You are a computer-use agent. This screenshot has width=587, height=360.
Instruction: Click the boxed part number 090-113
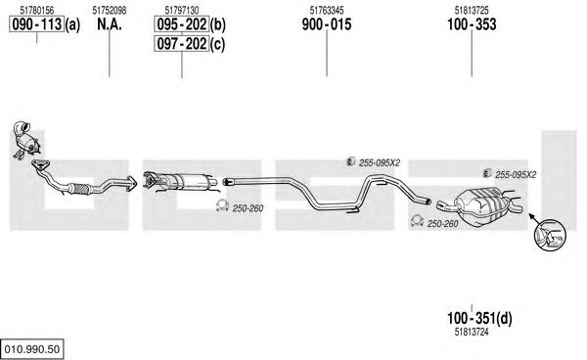[x=36, y=24]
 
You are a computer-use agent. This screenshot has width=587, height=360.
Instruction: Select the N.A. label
[x=110, y=24]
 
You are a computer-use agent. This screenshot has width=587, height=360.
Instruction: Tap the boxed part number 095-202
[x=182, y=24]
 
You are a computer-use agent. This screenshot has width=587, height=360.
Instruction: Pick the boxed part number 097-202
[x=182, y=44]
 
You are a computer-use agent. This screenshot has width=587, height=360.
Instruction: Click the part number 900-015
[x=327, y=24]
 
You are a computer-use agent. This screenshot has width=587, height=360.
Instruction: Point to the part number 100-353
[x=472, y=24]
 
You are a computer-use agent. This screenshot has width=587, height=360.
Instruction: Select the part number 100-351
[x=472, y=319]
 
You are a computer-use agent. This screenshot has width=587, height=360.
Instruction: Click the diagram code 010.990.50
[x=32, y=349]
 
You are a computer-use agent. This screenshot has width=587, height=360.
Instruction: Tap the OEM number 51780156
[x=37, y=11]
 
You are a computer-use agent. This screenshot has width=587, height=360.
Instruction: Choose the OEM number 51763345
[x=327, y=11]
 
